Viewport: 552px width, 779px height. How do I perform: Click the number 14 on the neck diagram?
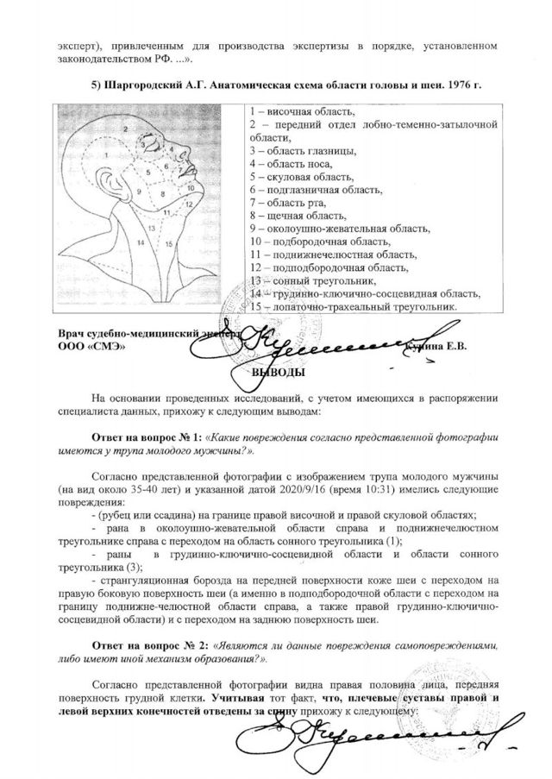coord(150,228)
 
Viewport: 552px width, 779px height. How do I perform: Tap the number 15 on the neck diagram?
coord(171,243)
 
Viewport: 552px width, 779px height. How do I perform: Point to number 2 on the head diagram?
coord(126,128)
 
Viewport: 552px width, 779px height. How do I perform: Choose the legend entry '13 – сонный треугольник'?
coord(311,281)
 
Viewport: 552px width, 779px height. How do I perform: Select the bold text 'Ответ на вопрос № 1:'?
coord(147,437)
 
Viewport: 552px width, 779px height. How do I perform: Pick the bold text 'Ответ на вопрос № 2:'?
coord(147,644)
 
